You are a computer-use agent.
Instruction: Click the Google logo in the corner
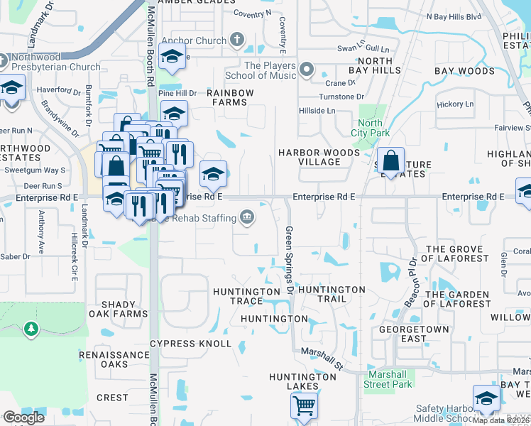pos(23,417)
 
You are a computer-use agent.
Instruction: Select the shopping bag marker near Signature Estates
pos(390,160)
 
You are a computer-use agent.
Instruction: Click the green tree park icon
pos(30,328)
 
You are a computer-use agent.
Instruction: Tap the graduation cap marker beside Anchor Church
pos(172,57)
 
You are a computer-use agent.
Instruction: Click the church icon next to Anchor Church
pos(237,40)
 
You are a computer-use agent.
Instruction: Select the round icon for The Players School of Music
pos(307,70)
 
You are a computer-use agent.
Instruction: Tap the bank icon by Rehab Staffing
pos(246,217)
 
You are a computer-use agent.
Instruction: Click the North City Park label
pos(370,128)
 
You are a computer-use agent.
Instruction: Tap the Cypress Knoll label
pos(190,344)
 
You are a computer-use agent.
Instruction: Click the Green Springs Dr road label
pos(290,261)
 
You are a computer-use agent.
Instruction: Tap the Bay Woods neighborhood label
pos(464,72)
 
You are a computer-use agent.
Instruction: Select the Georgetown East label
pos(414,334)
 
